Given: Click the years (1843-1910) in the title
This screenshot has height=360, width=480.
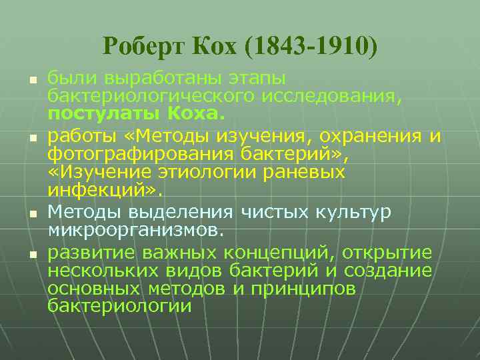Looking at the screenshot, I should [x=311, y=46].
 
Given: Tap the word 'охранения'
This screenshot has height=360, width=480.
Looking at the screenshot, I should [x=370, y=137].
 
